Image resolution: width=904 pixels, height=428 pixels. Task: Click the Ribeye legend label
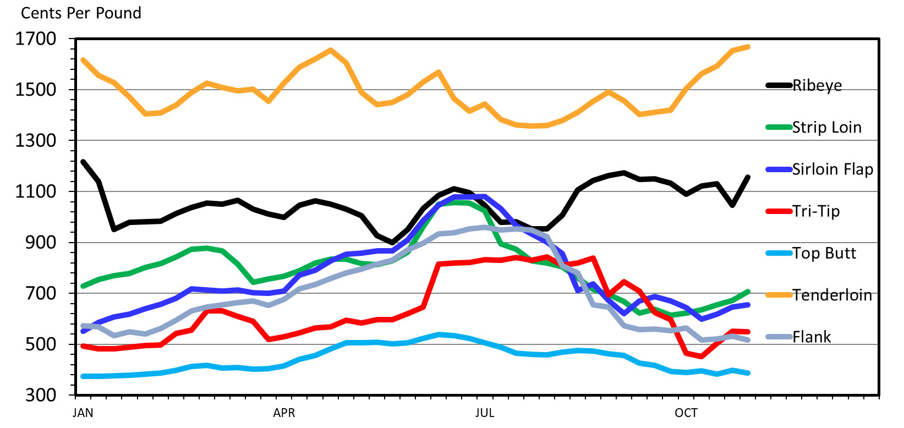(817, 86)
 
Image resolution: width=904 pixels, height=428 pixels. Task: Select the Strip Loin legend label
(826, 128)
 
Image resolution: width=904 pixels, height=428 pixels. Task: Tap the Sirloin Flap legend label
(832, 169)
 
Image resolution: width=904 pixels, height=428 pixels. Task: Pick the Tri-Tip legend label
(816, 211)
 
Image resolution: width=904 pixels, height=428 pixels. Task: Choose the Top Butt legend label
(824, 253)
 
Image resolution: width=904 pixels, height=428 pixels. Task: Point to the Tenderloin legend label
(832, 295)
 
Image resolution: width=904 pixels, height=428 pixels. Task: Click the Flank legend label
(812, 337)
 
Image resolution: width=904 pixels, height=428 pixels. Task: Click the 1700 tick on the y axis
(36, 39)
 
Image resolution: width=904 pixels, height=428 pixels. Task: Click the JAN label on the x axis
(83, 413)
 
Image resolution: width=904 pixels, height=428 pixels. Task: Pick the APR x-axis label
(284, 413)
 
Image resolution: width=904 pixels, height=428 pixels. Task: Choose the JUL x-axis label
(485, 413)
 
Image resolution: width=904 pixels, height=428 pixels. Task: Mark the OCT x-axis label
(686, 413)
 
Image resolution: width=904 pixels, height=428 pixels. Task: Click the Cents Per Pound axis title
(81, 13)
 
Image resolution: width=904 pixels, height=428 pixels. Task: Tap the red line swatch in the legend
(779, 211)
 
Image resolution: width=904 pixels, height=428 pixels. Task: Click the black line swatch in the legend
(779, 86)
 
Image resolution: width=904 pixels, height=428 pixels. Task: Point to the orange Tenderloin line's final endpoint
(748, 47)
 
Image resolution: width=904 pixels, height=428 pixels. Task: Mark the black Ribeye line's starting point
(83, 162)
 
